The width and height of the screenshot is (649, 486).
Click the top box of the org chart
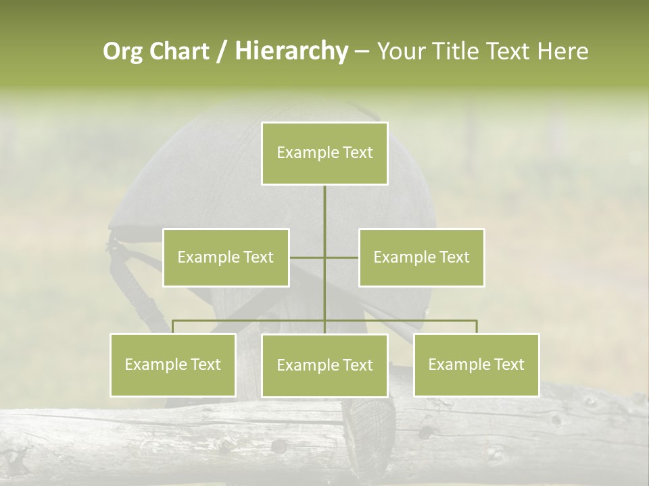[x=324, y=153]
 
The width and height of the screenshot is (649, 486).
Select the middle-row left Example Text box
[x=226, y=257]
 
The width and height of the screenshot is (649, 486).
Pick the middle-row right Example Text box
[x=421, y=257]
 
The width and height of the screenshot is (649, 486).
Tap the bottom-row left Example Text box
[x=173, y=364]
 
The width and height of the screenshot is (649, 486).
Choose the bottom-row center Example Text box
[x=324, y=365]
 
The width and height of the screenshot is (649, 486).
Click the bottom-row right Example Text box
[x=477, y=364]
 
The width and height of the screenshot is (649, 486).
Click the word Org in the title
[x=122, y=51]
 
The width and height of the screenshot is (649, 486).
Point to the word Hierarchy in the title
[x=291, y=51]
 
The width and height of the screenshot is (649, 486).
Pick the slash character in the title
[x=222, y=51]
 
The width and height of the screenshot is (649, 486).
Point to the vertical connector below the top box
[x=324, y=216]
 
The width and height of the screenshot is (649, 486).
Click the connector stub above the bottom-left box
[x=173, y=327]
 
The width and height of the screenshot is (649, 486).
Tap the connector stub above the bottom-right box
[x=477, y=327]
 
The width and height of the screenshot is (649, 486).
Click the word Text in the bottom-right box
[x=508, y=364]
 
